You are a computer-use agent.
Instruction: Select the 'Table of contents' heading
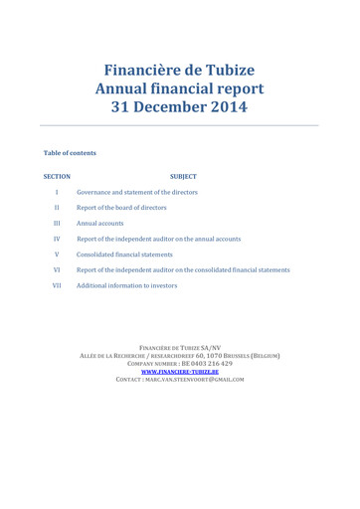(70, 153)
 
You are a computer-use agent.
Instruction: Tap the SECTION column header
(58, 175)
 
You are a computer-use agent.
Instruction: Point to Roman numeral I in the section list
(58, 192)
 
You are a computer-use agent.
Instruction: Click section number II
(58, 208)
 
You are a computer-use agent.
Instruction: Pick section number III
(58, 224)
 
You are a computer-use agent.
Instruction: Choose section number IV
(58, 239)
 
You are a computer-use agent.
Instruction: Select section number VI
(58, 269)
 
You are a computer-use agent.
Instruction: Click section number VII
(58, 285)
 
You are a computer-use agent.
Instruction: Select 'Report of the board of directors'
(121, 208)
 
